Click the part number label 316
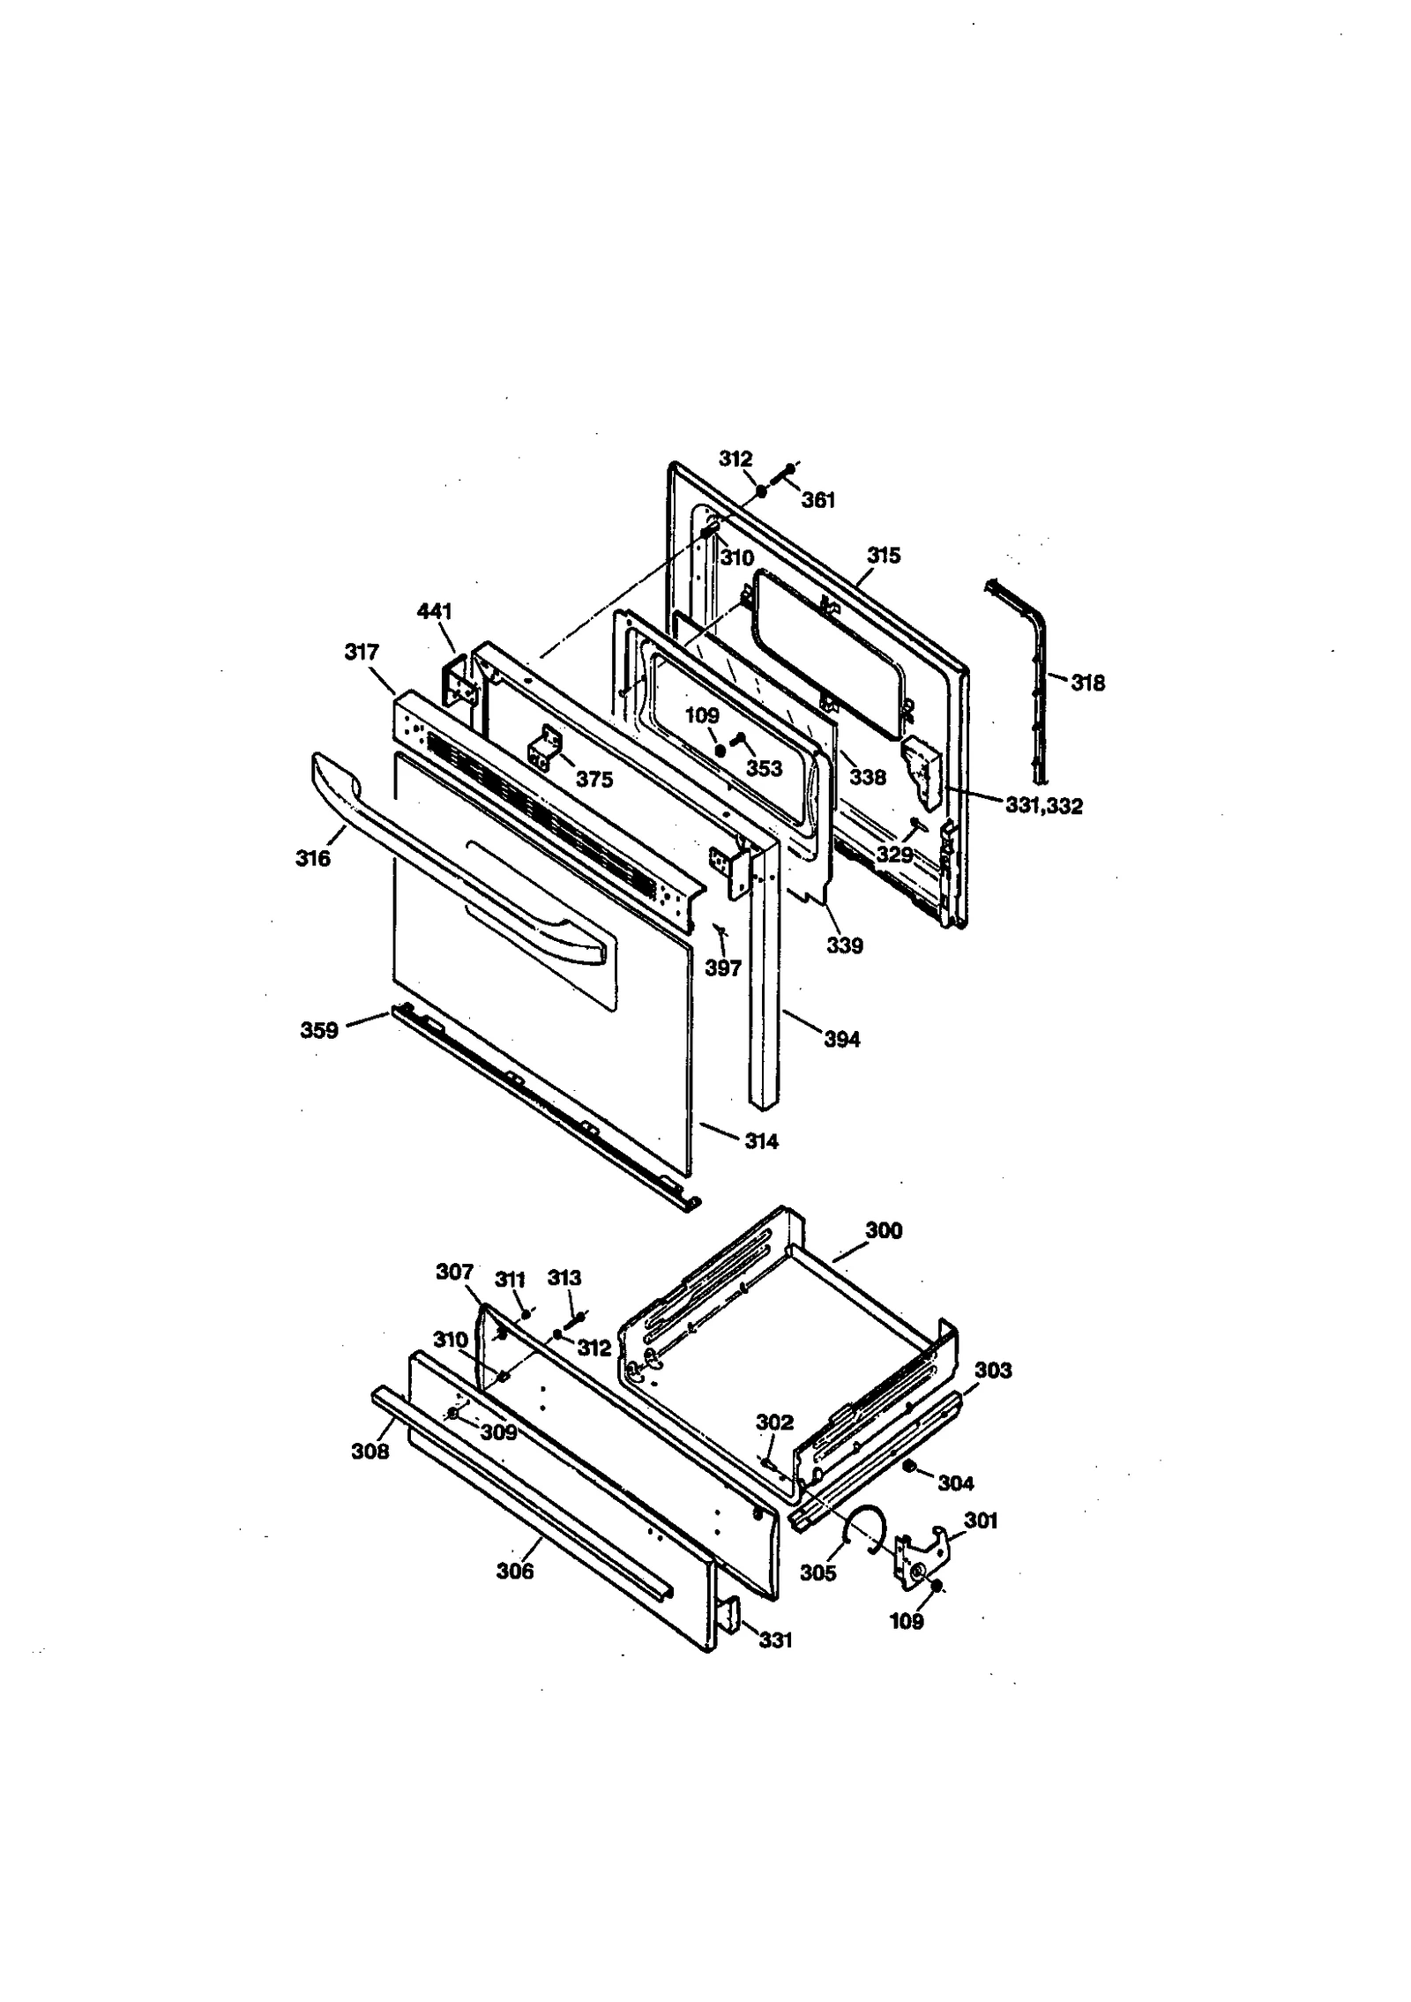(313, 857)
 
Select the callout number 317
(362, 652)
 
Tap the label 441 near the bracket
(434, 611)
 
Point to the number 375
(594, 780)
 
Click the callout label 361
(817, 500)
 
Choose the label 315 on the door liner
(884, 556)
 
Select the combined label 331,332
(1043, 805)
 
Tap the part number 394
(842, 1039)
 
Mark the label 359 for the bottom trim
(319, 1030)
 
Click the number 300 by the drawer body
(884, 1230)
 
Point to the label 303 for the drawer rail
(993, 1371)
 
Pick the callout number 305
(817, 1572)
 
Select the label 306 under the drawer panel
(515, 1571)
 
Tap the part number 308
(370, 1451)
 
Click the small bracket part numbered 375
(545, 746)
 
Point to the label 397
(723, 967)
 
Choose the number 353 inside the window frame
(764, 768)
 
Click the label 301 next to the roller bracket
(981, 1520)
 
